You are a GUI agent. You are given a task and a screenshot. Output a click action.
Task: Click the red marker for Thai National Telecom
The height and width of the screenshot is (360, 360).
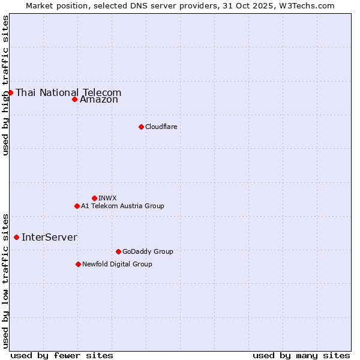coord(10,92)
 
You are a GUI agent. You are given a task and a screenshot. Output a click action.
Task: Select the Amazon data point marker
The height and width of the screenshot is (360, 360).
coord(74,99)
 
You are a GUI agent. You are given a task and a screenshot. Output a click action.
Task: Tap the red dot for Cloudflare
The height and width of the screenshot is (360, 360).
coord(141,127)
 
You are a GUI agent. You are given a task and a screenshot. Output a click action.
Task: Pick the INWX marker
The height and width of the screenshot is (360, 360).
coord(94,198)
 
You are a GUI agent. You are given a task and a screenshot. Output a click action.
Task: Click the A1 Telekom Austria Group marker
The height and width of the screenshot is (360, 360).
coord(77,206)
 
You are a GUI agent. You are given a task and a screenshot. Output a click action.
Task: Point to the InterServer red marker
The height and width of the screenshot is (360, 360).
coord(16,237)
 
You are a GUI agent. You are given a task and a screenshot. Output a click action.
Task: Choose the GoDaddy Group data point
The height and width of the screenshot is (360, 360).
coord(118,251)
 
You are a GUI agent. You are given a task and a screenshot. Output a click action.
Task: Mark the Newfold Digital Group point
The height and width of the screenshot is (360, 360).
coord(78,264)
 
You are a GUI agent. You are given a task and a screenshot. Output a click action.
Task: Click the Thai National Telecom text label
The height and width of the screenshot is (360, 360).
coord(68,92)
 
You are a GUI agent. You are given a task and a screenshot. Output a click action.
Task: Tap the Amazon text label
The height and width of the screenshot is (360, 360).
coord(99,100)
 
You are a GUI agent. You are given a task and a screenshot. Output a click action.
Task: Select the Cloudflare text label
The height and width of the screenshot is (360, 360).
coord(161,127)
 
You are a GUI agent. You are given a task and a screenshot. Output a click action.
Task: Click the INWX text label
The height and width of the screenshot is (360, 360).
coord(107,198)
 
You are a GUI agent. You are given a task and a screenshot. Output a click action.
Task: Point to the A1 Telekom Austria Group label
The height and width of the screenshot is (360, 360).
coord(122,206)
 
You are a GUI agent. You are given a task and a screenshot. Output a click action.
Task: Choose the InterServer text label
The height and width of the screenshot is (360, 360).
coord(49,237)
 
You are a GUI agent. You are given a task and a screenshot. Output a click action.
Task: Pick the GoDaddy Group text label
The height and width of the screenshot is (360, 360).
coord(148,251)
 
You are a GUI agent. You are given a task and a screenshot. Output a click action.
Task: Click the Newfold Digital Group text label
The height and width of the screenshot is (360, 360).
coord(117,264)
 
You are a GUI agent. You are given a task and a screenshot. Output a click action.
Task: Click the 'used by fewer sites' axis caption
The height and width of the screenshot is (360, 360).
coord(62,355)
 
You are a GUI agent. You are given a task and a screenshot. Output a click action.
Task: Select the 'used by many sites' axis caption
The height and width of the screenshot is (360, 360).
coord(301,355)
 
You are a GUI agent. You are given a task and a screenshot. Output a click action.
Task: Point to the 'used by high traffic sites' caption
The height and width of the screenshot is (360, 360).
coord(5,85)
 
